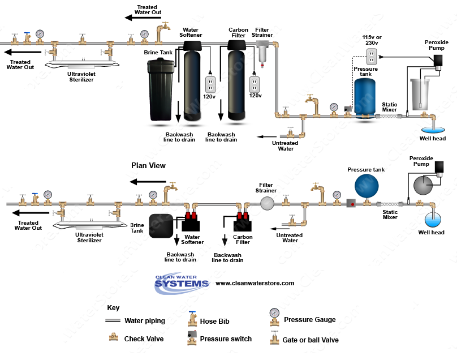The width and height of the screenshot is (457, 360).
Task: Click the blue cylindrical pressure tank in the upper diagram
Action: pos(365,97)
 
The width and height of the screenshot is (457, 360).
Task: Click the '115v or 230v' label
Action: pos(371,40)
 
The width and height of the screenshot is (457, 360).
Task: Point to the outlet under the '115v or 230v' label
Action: pos(372,57)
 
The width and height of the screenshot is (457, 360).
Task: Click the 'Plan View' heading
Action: pos(149,165)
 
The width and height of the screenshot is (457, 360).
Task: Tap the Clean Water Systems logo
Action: pos(182,284)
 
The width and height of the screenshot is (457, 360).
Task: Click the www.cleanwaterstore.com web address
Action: pos(255,283)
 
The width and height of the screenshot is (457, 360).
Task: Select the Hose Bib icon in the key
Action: pos(192,320)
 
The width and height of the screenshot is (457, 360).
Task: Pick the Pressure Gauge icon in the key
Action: pos(274,318)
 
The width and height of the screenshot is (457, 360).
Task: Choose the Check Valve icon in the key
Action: pos(113,338)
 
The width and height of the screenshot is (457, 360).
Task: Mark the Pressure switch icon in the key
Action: pos(192,338)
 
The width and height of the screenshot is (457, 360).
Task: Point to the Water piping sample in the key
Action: pos(113,321)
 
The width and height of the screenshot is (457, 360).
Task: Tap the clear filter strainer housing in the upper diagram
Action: pos(262,55)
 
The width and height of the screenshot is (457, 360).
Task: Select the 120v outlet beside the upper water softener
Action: pos(210,84)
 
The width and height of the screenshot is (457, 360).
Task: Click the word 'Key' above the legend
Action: pos(113,307)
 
